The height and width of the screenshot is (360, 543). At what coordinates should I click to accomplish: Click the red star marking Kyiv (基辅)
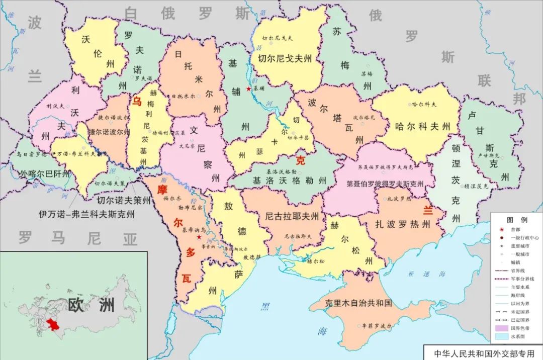[249, 88]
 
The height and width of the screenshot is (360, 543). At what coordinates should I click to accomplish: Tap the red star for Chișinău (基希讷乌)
[200, 236]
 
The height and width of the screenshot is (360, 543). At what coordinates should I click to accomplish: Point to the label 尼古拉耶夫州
[292, 217]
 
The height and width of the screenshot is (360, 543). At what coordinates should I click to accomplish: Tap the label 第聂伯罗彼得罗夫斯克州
[385, 185]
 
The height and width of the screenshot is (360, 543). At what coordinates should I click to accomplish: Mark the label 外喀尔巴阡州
[45, 174]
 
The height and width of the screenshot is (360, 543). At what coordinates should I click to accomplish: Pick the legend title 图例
[516, 220]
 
